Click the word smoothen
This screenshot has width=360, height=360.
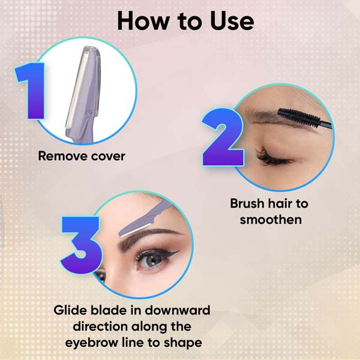click(271, 220)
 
